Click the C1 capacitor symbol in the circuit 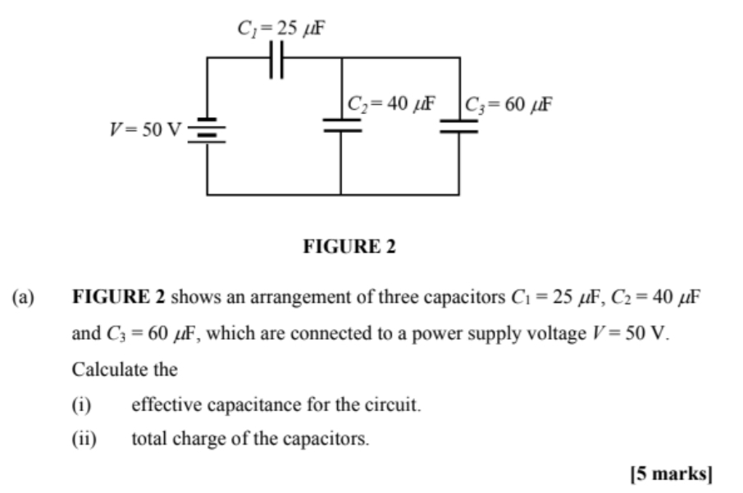coord(277,59)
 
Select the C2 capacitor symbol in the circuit coord(341,125)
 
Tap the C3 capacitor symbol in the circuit coord(458,125)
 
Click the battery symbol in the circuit coord(207,130)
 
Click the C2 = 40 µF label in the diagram coord(390,104)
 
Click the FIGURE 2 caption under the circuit coord(349,246)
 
